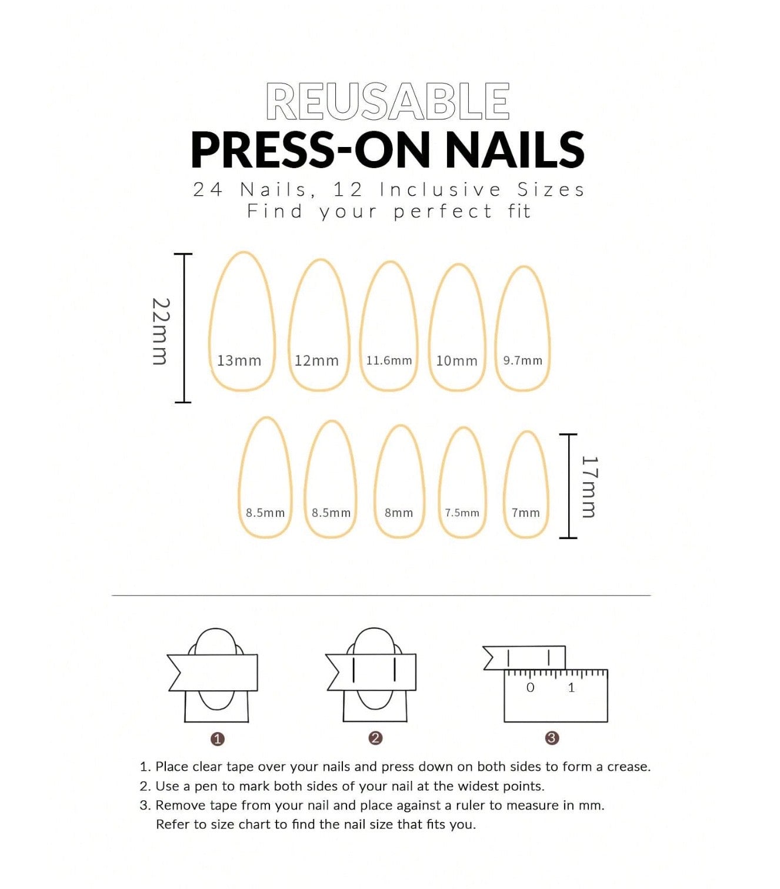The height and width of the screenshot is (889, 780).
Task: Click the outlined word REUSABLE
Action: [388, 101]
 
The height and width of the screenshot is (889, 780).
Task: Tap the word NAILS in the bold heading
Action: [515, 149]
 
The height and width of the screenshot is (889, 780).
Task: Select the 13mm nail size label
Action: [239, 360]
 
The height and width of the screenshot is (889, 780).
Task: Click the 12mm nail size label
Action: [316, 360]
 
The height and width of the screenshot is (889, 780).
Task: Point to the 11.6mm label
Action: [389, 360]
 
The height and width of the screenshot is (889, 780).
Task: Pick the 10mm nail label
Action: [456, 360]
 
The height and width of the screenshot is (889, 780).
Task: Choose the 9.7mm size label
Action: [523, 360]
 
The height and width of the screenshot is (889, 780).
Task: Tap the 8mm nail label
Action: [399, 513]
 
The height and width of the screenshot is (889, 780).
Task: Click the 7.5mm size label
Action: [462, 513]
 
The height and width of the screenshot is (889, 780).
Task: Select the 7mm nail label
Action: [525, 513]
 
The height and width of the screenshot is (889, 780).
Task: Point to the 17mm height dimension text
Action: [589, 487]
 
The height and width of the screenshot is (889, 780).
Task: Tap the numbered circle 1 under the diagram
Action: [218, 739]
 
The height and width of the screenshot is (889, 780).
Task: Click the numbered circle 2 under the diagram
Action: [375, 738]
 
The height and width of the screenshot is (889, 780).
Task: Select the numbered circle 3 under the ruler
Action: [552, 738]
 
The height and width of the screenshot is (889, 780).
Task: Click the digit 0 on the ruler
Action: [530, 687]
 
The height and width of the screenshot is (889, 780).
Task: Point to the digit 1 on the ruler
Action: [571, 687]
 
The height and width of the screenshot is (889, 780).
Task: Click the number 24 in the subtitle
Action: [208, 189]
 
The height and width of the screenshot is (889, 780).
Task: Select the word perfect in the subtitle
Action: [443, 212]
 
